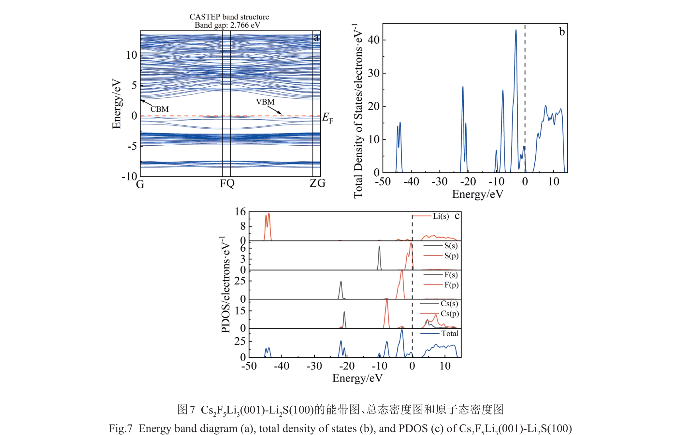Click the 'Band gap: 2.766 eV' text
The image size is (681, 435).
click(x=227, y=25)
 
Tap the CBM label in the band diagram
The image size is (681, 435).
click(x=160, y=109)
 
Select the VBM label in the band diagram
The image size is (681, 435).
click(x=265, y=102)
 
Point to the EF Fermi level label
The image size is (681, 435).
click(x=327, y=118)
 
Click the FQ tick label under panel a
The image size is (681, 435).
click(x=227, y=183)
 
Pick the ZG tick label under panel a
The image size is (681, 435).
click(x=317, y=183)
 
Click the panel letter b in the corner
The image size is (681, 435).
click(x=562, y=32)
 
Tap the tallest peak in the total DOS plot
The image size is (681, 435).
click(x=516, y=30)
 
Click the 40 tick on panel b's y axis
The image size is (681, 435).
click(x=374, y=40)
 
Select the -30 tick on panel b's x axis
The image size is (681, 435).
click(x=439, y=181)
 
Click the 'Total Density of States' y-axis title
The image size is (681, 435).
click(x=358, y=111)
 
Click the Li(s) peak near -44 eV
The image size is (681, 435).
click(x=269, y=214)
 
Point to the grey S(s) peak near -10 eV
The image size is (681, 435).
click(x=379, y=247)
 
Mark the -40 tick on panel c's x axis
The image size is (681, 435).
click(x=282, y=366)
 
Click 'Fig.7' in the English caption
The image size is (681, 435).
click(x=121, y=428)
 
